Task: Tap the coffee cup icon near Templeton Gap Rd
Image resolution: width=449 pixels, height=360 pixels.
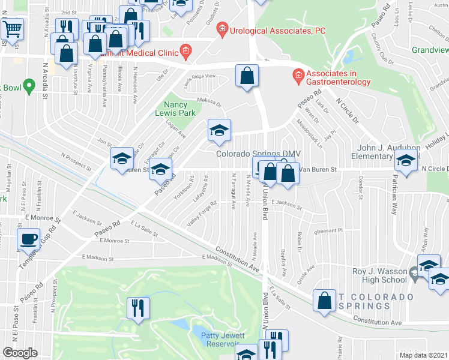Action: [x=29, y=239]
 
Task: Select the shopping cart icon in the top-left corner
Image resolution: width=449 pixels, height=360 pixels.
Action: [x=13, y=29]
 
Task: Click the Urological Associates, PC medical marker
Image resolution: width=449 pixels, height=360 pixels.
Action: [x=223, y=28]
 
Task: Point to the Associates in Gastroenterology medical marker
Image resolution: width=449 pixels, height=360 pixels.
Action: [x=297, y=76]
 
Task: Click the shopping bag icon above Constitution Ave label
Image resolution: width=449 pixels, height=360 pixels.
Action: [x=325, y=302]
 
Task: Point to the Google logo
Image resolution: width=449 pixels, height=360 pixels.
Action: [x=20, y=352]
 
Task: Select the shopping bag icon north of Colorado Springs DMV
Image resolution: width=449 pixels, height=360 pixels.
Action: [x=247, y=76]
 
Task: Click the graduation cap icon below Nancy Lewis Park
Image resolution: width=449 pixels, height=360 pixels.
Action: [x=219, y=130]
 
